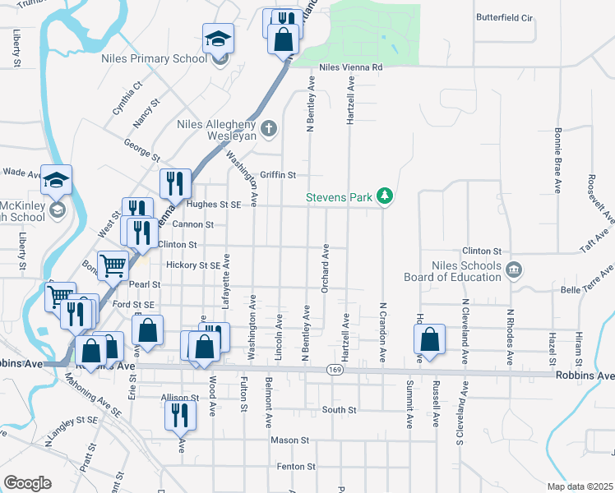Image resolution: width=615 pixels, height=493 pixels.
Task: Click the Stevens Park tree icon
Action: [x=384, y=196]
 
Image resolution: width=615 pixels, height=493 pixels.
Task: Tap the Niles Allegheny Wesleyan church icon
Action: [x=268, y=128]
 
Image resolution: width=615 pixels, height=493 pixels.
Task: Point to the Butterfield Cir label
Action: [x=505, y=17]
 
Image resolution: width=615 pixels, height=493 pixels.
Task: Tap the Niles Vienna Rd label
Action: [x=351, y=67]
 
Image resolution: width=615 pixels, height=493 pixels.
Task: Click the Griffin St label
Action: [x=278, y=175]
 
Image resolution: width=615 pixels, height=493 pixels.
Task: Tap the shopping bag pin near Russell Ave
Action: [x=430, y=339]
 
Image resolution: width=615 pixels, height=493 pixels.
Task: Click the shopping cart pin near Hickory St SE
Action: [x=113, y=265]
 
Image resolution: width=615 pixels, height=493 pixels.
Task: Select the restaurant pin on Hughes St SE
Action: [x=174, y=184]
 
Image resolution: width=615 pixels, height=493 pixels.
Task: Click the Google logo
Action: [x=27, y=483]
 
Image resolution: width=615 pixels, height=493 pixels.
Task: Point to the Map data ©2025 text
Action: [x=579, y=486]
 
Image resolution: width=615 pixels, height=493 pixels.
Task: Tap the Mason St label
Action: [x=289, y=440]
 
